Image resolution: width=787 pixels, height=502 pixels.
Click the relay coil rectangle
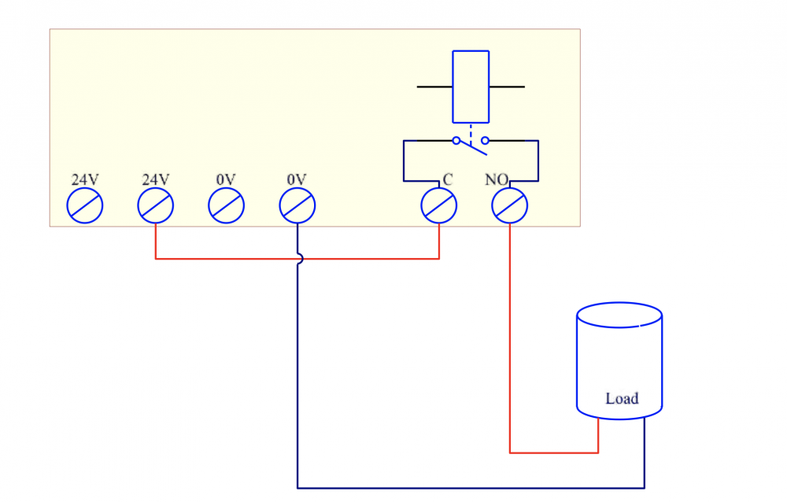pyautogui.click(x=471, y=87)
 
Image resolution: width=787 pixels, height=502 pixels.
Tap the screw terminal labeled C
pyautogui.click(x=439, y=206)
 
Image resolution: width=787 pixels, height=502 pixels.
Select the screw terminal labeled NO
pyautogui.click(x=509, y=206)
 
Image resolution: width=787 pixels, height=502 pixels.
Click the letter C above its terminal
pyautogui.click(x=448, y=180)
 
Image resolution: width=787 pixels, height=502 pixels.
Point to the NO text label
pyautogui.click(x=496, y=180)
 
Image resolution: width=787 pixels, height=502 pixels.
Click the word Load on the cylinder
pyautogui.click(x=622, y=398)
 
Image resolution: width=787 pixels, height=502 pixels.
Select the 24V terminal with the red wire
pyautogui.click(x=156, y=206)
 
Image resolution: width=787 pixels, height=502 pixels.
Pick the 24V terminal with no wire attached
pyautogui.click(x=85, y=206)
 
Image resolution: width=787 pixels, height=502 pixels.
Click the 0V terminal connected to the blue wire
pyautogui.click(x=297, y=206)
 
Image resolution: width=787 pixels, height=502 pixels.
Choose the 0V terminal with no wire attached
pyautogui.click(x=227, y=206)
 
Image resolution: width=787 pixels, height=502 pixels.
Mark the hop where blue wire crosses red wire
pyautogui.click(x=298, y=259)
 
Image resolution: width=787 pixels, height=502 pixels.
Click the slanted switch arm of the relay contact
pyautogui.click(x=471, y=145)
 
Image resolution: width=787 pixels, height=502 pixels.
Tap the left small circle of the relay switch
pyautogui.click(x=456, y=141)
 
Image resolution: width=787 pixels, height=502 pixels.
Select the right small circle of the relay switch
pyautogui.click(x=485, y=141)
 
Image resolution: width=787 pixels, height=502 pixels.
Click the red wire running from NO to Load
pyautogui.click(x=510, y=338)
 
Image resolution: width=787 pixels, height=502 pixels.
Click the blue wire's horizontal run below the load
pyautogui.click(x=472, y=488)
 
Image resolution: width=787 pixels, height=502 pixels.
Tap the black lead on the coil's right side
pyautogui.click(x=507, y=87)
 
